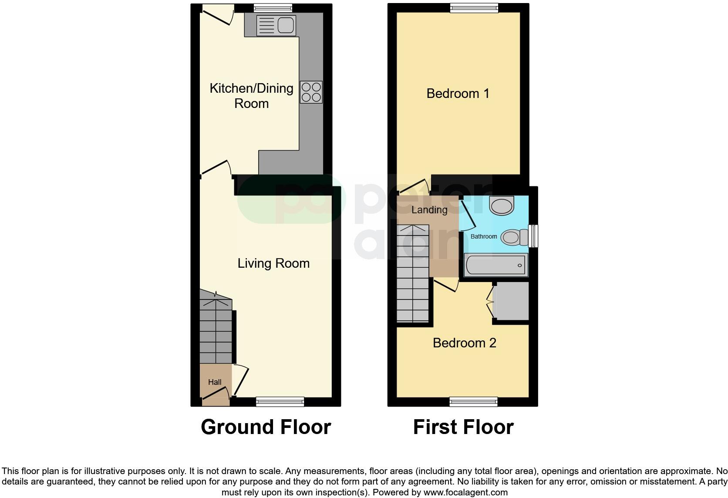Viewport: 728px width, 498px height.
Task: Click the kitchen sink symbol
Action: pos(276,25)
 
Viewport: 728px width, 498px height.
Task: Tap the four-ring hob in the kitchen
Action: pos(311,92)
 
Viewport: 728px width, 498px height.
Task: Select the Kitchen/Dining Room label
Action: pos(251,96)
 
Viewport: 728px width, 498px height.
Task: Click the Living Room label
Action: pos(273,263)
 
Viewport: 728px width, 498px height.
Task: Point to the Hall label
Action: pos(215,382)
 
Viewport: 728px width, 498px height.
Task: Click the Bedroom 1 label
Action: pos(458,93)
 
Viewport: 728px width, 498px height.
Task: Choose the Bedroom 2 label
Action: pos(464,343)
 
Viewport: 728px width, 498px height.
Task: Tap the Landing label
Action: pos(429,210)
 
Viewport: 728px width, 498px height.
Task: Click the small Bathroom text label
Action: pos(483,236)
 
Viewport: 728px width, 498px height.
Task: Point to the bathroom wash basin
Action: pos(502,205)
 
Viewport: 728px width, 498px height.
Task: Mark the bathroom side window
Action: pos(533,236)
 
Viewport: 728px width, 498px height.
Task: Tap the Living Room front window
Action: pos(280,402)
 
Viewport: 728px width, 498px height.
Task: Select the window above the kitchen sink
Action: pos(273,7)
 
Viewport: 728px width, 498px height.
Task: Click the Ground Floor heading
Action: pos(266,427)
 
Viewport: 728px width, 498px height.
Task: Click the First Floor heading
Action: pos(463,427)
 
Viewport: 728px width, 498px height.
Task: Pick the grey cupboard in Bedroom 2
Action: pos(511,301)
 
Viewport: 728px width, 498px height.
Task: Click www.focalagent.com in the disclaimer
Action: pos(465,493)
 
